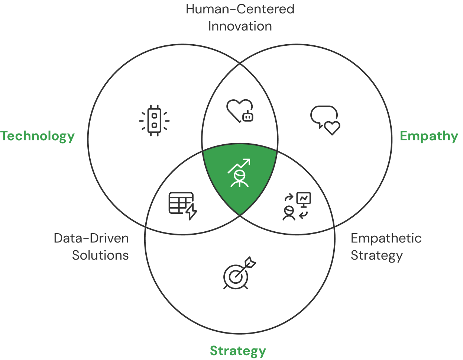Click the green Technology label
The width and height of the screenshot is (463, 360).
coord(38,136)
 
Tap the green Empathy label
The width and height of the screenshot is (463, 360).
coord(429,136)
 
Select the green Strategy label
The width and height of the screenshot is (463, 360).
coord(238,350)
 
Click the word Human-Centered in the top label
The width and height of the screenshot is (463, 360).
coord(240,9)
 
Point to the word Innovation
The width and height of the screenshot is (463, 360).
coord(240,26)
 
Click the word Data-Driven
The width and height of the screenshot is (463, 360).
coord(91,238)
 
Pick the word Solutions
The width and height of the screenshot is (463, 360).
coord(100,255)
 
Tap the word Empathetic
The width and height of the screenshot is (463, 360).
coord(386,238)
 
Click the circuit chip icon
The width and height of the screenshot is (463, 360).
coord(154,120)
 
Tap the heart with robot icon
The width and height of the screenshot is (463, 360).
coord(240,110)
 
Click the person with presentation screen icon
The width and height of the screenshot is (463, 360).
coord(297,206)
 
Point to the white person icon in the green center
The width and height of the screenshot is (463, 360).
coord(240,178)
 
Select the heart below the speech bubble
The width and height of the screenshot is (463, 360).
coord(332,128)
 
